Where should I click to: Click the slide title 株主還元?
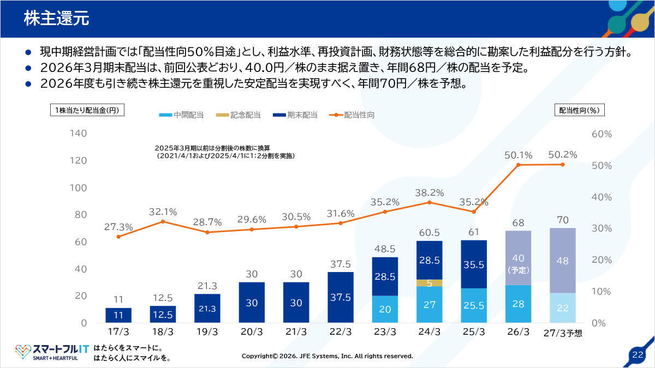(56, 18)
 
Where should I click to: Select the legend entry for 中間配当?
(181, 115)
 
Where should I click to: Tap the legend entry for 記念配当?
(238, 115)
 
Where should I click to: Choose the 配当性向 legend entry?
(352, 115)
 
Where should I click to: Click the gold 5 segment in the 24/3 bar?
(429, 283)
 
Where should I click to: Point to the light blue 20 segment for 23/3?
(385, 309)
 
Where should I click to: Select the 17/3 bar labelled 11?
(118, 316)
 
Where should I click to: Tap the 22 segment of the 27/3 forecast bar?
(563, 308)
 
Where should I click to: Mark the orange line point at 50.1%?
(518, 165)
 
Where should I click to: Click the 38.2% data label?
(429, 193)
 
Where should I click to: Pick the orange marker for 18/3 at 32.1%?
(163, 222)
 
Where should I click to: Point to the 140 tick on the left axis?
(79, 134)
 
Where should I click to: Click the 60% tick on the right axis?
(602, 134)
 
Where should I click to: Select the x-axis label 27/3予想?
(563, 333)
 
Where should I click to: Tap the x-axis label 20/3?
(252, 332)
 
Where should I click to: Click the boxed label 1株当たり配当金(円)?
(87, 110)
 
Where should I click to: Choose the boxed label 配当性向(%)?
(580, 110)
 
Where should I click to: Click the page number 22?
(638, 355)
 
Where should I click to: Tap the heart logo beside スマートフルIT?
(23, 351)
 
